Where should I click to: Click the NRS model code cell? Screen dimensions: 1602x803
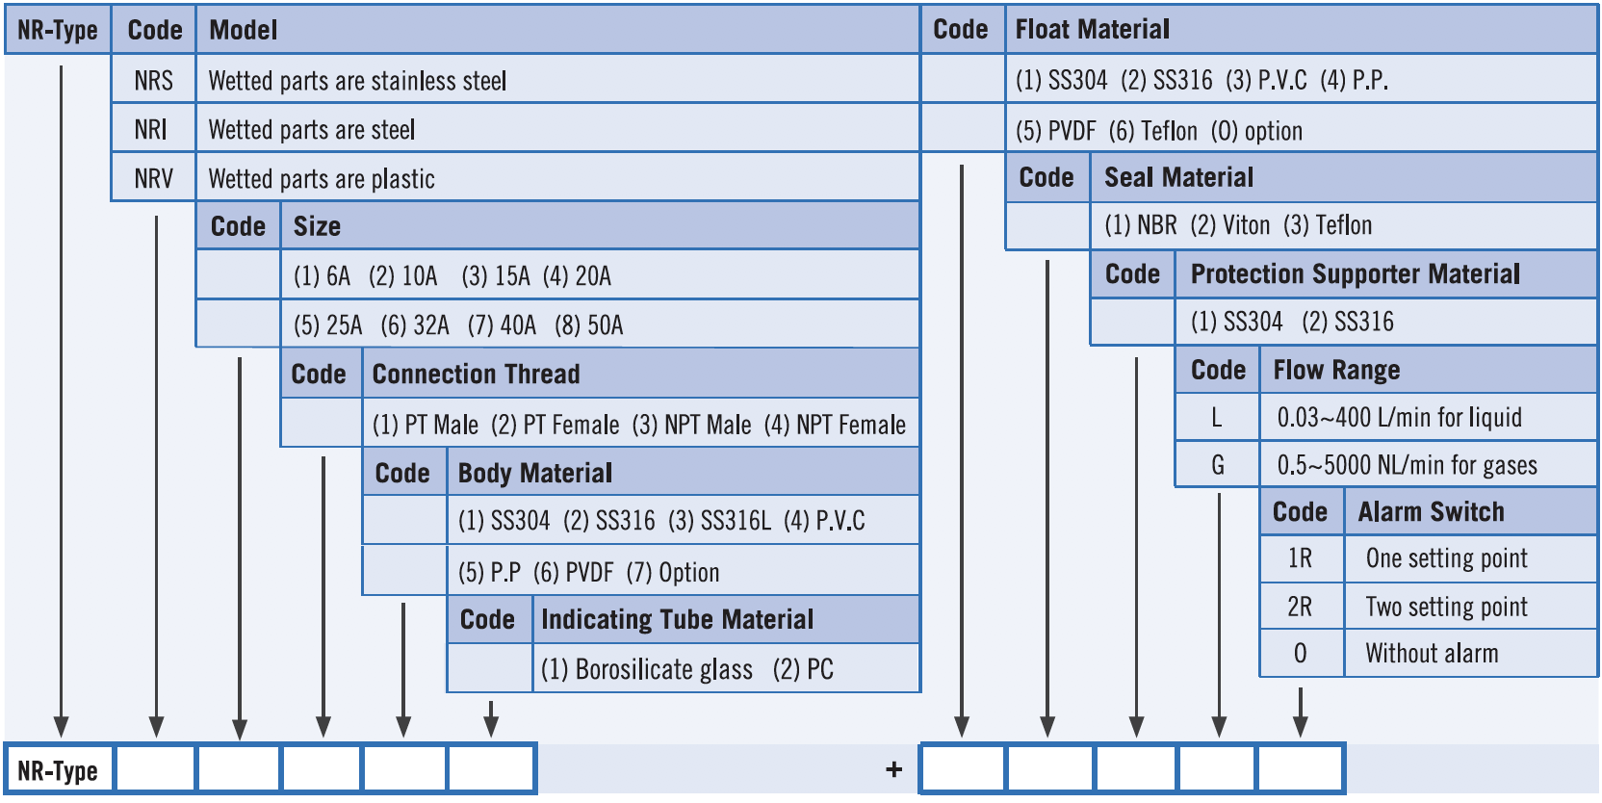click(154, 80)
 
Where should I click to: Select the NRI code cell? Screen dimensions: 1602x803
click(154, 129)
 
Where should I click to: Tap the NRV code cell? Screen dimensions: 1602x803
click(154, 178)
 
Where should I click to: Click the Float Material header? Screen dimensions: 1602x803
click(1092, 29)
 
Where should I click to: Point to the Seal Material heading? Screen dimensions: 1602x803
click(1178, 177)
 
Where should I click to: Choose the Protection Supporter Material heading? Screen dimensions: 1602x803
click(1356, 273)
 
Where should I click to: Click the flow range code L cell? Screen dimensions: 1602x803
click(1217, 417)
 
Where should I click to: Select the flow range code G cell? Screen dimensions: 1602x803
click(1217, 465)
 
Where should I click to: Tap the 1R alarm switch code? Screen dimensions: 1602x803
click(1301, 557)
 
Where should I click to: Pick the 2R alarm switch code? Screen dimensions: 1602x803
click(1301, 607)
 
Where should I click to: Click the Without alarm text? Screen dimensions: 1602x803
click(1432, 653)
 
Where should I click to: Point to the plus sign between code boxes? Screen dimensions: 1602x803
click(894, 769)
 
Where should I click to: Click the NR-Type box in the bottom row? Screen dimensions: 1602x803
click(59, 769)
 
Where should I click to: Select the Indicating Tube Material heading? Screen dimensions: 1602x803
click(677, 619)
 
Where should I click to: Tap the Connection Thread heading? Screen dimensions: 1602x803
click(477, 374)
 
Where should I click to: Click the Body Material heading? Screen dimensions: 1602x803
click(535, 474)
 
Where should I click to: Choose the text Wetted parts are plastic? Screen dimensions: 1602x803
click(322, 179)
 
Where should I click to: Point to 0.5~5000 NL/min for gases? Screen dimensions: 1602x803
click(1408, 465)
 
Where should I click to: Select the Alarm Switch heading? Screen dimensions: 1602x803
click(1431, 512)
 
